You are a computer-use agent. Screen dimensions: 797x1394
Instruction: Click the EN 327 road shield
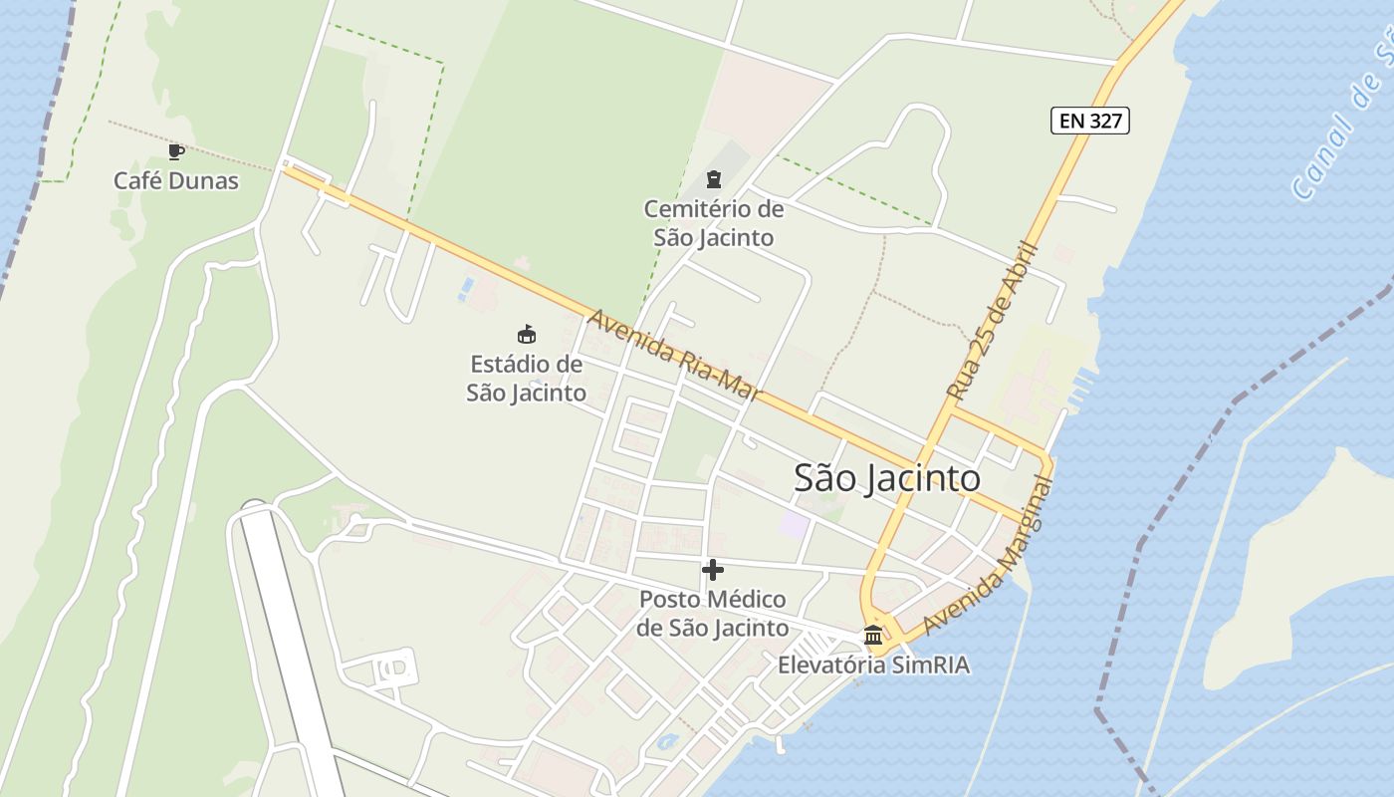tap(1089, 122)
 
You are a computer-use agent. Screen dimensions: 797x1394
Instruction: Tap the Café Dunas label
tap(176, 181)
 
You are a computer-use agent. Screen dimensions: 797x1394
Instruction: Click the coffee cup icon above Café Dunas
tap(176, 152)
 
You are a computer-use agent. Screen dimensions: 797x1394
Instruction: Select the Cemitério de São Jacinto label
tap(713, 223)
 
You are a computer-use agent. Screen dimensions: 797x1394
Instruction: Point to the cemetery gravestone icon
tap(713, 179)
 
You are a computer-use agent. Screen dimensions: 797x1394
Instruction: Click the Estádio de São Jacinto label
tap(526, 379)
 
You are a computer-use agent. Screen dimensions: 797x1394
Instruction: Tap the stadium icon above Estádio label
tap(527, 334)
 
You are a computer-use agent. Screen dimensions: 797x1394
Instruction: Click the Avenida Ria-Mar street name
tap(675, 355)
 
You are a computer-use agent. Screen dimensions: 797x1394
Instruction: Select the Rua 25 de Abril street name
tap(994, 321)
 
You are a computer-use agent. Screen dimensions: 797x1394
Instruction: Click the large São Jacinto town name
tap(886, 479)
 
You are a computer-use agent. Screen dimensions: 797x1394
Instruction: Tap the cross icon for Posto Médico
tap(713, 570)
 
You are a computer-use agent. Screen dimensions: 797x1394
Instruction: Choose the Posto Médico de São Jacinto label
tap(712, 614)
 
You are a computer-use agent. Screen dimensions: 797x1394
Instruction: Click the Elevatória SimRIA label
tap(873, 665)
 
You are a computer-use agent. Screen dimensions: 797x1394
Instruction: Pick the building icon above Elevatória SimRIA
tap(873, 635)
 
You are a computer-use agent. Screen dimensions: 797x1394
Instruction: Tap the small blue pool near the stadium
tap(466, 289)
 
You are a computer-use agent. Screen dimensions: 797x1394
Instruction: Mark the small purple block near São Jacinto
tap(794, 524)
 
